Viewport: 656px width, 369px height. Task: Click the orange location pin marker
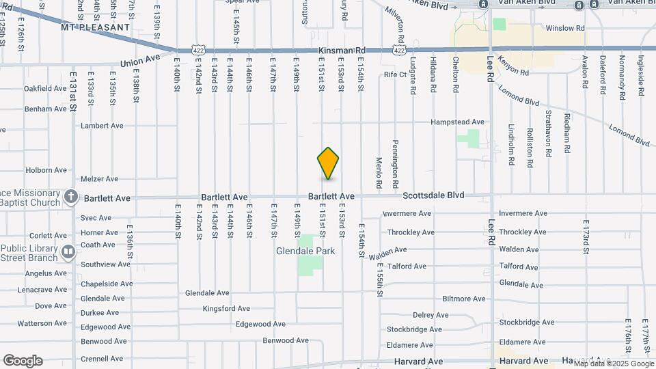pos(329,163)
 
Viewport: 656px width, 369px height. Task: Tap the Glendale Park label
pos(305,251)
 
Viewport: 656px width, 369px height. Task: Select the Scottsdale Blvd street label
pos(433,195)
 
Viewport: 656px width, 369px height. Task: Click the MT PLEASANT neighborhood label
pos(95,27)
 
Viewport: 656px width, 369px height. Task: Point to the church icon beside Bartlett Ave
pos(70,197)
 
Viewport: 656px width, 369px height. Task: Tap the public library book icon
pos(68,252)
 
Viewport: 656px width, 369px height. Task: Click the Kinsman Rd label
pos(342,51)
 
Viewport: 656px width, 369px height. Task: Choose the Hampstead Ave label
pos(457,122)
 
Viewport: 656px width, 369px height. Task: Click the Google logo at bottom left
pos(23,361)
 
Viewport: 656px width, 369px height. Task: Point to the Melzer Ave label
pos(100,179)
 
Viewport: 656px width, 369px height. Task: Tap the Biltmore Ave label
pos(463,299)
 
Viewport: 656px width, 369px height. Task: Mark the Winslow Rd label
pos(566,29)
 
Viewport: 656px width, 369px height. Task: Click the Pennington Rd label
pos(395,164)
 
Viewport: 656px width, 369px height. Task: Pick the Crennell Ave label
pos(102,358)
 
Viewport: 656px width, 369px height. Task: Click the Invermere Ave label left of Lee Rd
pos(407,213)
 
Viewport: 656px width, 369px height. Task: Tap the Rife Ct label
pos(395,74)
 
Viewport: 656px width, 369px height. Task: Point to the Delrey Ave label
pos(430,315)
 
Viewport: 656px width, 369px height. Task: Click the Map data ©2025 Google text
pos(614,364)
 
